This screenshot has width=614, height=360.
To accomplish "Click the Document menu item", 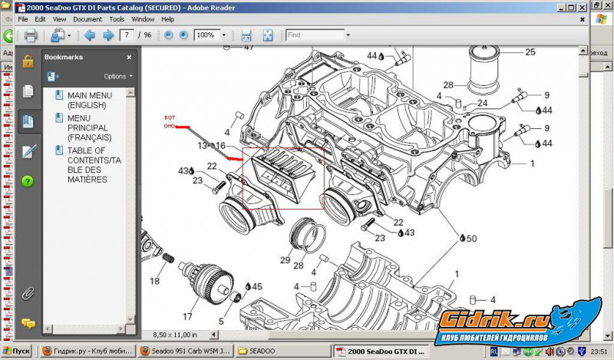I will coord(87,18).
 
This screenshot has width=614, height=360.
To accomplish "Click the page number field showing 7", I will coord(127,35).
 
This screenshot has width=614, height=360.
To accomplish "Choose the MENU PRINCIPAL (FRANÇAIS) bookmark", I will coord(87,127).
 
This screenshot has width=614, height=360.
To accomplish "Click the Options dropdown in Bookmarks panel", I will coord(117,77).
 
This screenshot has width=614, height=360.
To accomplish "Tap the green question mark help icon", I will coord(28,181).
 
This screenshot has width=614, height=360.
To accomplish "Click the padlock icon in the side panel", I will coord(28,62).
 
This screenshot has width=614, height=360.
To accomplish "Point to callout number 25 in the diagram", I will coord(530,52).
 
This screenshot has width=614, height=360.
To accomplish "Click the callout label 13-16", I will coord(211,145).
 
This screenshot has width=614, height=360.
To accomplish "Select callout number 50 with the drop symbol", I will coord(470,238).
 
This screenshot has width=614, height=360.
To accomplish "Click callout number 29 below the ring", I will coord(285,261).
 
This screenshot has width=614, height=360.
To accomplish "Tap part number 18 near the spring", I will coord(154,282).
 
